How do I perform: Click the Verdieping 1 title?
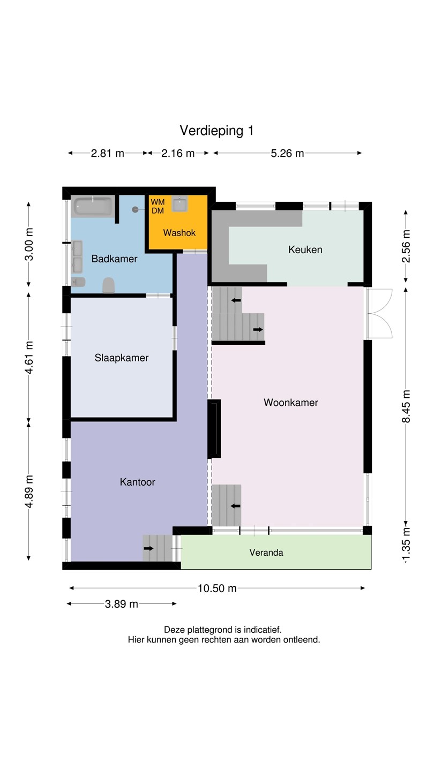[216, 131]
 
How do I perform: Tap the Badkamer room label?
[114, 259]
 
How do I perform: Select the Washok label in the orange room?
[179, 233]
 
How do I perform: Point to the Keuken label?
[305, 250]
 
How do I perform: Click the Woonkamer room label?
[291, 403]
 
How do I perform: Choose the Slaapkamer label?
[122, 358]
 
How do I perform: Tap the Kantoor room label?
[137, 482]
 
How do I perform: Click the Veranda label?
[266, 553]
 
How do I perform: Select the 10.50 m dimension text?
[217, 588]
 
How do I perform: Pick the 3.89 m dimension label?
[121, 604]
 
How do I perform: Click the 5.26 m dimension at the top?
[287, 153]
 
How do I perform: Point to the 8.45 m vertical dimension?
[406, 406]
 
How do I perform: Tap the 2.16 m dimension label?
[178, 153]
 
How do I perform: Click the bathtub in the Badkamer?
[93, 206]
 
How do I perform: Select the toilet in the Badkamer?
[108, 285]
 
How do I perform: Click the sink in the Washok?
[180, 204]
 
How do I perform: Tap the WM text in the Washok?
[158, 202]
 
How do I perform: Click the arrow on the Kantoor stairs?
[148, 548]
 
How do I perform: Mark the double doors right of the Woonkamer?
[379, 313]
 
